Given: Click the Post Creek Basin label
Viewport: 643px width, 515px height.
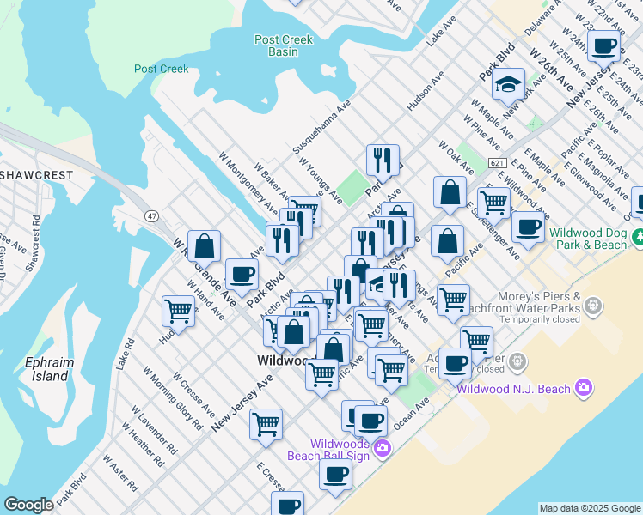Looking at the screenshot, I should pos(283,45).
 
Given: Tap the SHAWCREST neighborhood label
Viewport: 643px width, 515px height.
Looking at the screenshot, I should pos(34,174).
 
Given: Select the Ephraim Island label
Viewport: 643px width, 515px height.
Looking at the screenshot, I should pos(50,369).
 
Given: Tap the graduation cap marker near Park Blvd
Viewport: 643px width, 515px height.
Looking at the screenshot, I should pos(509,84).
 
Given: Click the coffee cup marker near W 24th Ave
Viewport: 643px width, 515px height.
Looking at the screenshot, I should pos(604,45).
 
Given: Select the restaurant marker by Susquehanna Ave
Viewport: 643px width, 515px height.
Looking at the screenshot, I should pos(382,159).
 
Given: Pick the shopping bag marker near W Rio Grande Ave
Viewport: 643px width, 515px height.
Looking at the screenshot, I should pos(205,247).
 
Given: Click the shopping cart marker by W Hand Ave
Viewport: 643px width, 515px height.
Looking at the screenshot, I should pos(178,311).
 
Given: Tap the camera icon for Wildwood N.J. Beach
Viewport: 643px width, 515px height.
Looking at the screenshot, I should pos(585,389).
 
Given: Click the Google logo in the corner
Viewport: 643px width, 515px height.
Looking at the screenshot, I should pos(28,505).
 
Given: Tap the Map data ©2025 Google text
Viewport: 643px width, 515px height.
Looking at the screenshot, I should pos(589,508).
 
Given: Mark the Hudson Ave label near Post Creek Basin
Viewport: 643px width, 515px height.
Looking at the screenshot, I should pos(426,91).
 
